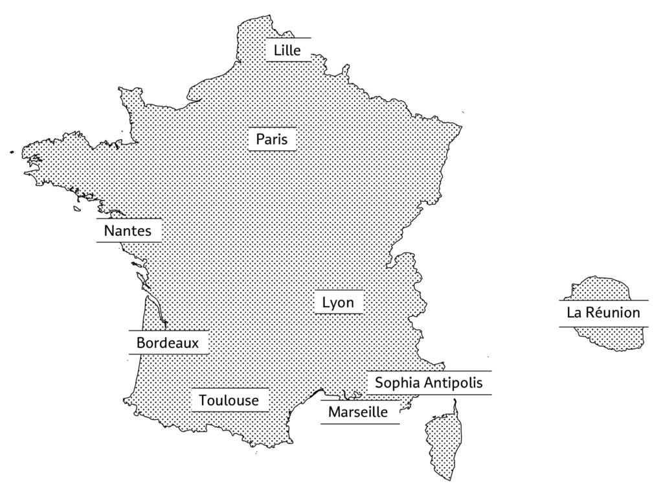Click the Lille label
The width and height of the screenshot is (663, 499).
pos(287,50)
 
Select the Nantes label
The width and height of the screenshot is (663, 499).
pos(128,231)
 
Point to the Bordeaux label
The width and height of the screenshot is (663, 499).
pos(168,342)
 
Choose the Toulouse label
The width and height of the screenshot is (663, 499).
pos(229,400)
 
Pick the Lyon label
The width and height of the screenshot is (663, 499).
pos(338,303)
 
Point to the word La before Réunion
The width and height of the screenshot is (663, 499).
pos(574,313)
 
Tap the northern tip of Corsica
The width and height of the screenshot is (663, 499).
pos(455,402)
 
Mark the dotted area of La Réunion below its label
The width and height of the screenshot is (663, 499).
pos(609,337)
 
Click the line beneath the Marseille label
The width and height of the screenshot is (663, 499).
pos(360,424)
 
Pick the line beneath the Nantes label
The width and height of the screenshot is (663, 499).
pos(129,242)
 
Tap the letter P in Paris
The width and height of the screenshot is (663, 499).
pos(260,139)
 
